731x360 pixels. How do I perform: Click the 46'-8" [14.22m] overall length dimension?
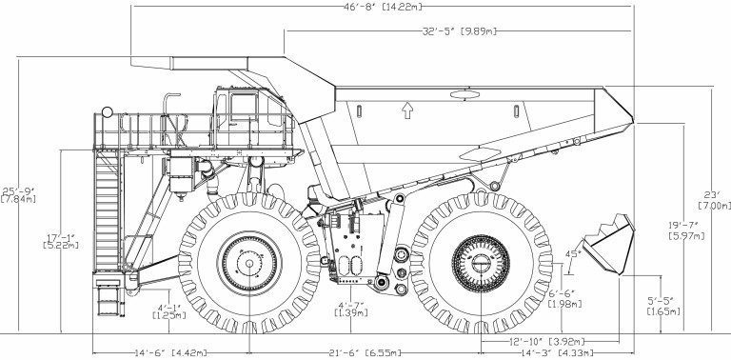click(x=383, y=7)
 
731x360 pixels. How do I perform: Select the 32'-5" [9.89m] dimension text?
click(x=459, y=31)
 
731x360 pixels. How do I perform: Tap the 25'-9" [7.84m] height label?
click(x=19, y=195)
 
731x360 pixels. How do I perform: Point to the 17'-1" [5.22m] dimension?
click(x=61, y=241)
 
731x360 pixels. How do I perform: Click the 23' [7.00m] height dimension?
click(x=714, y=200)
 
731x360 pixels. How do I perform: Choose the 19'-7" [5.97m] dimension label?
click(x=686, y=230)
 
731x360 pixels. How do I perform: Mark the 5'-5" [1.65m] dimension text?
click(x=662, y=307)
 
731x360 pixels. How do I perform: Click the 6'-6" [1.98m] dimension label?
click(x=564, y=299)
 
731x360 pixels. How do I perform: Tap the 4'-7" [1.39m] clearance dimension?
click(x=351, y=310)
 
